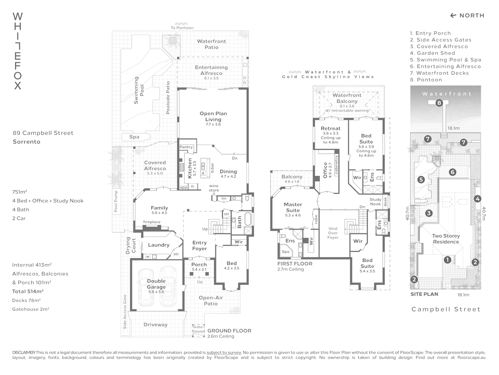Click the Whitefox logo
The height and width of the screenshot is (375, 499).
click(18, 51)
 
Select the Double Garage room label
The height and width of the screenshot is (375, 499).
click(156, 284)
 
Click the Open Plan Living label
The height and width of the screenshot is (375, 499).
click(213, 116)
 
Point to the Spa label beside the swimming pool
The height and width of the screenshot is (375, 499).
click(134, 137)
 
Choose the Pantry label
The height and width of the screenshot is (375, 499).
click(186, 147)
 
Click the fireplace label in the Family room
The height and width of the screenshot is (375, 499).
click(152, 222)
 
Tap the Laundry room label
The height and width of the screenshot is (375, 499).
click(159, 245)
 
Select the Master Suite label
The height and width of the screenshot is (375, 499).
click(293, 207)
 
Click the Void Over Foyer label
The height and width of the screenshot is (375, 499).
click(333, 233)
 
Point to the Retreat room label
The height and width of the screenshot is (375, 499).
click(331, 128)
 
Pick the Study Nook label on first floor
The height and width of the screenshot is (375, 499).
click(375, 202)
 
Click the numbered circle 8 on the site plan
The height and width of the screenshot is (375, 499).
click(439, 103)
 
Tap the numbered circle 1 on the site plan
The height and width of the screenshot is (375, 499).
click(447, 259)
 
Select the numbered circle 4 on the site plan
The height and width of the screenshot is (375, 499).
click(478, 199)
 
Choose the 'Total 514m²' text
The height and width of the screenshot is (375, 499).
click(28, 291)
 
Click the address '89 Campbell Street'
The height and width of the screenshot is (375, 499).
click(43, 133)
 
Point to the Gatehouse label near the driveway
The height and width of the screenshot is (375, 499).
click(199, 329)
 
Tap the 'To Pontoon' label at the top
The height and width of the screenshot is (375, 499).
click(182, 28)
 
